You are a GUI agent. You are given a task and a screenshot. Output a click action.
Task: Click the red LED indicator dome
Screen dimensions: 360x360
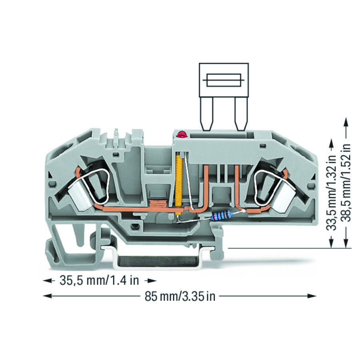[x=181, y=134]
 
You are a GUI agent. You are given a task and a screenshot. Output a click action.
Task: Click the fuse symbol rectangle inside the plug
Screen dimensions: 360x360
[x=224, y=80]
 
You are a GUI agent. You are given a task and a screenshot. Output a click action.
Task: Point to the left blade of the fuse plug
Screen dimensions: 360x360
[x=206, y=114]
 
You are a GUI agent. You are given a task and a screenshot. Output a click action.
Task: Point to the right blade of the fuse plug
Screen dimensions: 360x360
[x=241, y=114]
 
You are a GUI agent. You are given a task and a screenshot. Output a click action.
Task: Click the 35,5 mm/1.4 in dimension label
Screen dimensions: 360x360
[x=99, y=280]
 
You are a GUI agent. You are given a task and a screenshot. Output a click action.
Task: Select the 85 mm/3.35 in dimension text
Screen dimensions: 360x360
[x=180, y=296]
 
